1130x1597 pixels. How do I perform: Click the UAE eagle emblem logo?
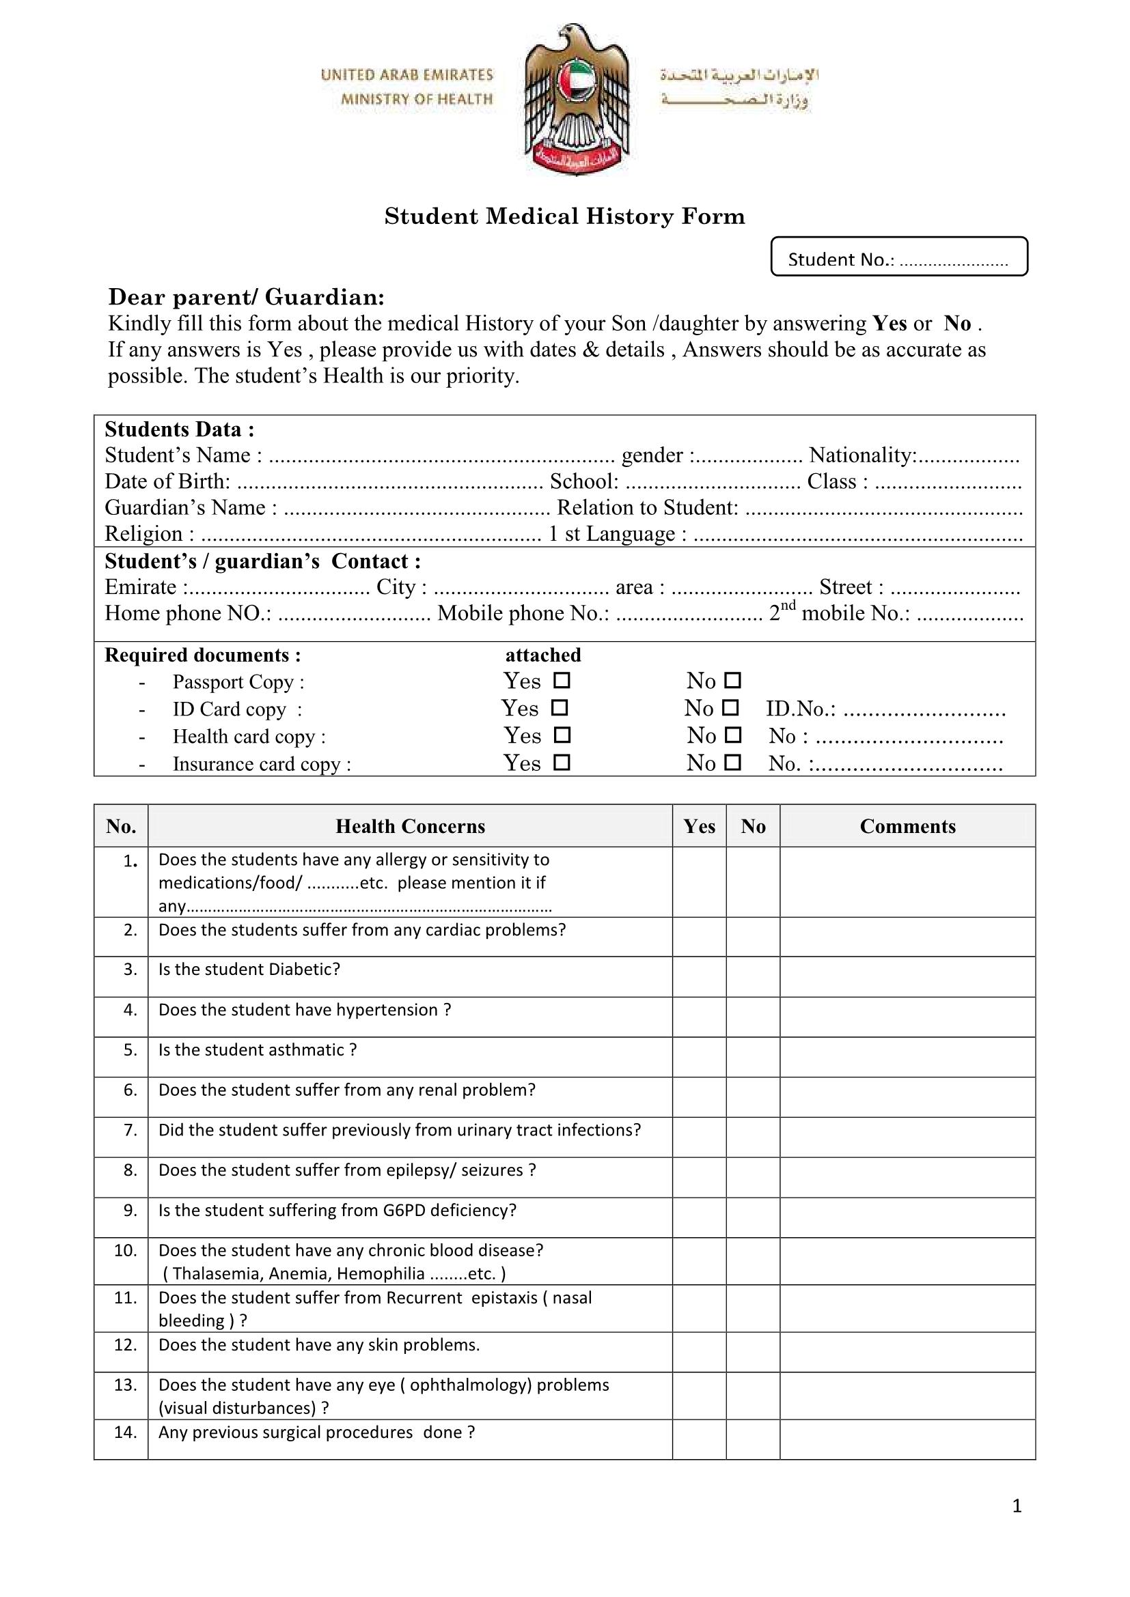(576, 99)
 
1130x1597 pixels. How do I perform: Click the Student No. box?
(898, 257)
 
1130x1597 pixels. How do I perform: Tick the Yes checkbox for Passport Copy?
(562, 679)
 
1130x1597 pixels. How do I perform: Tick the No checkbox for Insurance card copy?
(732, 763)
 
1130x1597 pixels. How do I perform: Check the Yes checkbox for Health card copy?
(562, 735)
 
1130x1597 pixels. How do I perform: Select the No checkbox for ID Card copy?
(730, 707)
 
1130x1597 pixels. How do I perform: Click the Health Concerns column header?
(410, 825)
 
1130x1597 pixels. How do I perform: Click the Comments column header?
(907, 825)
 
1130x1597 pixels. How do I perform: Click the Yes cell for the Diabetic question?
(699, 976)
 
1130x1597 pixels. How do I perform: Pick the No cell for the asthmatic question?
(752, 1056)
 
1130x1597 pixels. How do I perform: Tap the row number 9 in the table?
(130, 1211)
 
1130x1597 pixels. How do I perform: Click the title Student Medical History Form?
(564, 216)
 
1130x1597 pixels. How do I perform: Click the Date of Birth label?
(167, 481)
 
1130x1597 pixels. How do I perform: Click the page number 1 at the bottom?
(1017, 1506)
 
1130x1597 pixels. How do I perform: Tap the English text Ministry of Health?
(416, 99)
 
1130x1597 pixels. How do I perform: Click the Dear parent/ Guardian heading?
(247, 297)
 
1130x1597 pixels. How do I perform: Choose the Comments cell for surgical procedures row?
(907, 1439)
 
